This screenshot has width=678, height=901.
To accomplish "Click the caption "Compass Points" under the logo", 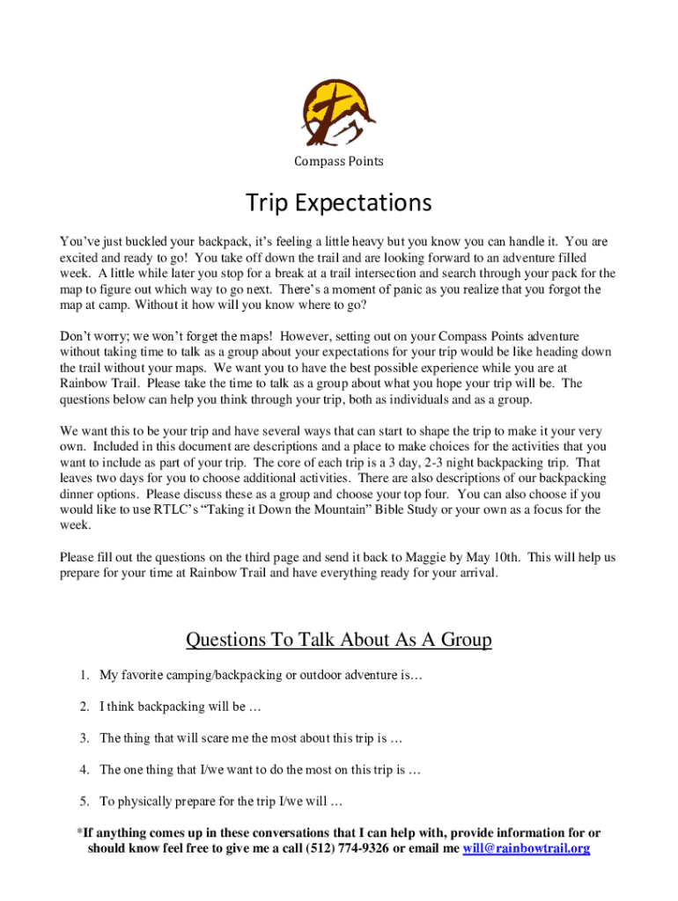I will (339, 162).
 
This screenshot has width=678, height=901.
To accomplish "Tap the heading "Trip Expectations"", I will (339, 203).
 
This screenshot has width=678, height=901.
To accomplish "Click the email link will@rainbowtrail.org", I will (526, 849).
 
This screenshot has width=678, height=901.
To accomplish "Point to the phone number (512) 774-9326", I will (349, 849).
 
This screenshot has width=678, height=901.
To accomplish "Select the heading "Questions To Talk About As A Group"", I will (339, 640).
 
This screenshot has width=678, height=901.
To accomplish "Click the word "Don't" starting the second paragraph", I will (76, 336).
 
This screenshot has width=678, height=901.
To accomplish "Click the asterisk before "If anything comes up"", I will (79, 832).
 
